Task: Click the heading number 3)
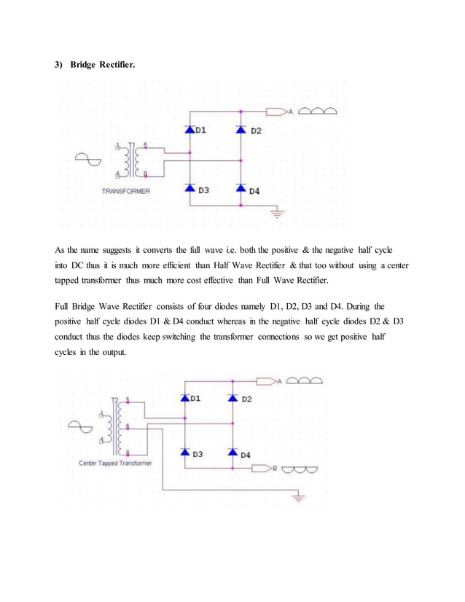(x=59, y=66)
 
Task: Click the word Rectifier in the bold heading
(x=117, y=66)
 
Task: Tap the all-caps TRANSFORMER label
(x=126, y=192)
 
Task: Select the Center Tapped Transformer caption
(x=115, y=464)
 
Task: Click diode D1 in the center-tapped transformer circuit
(x=186, y=399)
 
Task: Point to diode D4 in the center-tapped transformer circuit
(x=233, y=453)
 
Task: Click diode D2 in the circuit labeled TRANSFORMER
(x=242, y=130)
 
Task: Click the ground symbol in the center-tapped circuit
(x=297, y=499)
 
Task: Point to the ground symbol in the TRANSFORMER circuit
(x=277, y=213)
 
